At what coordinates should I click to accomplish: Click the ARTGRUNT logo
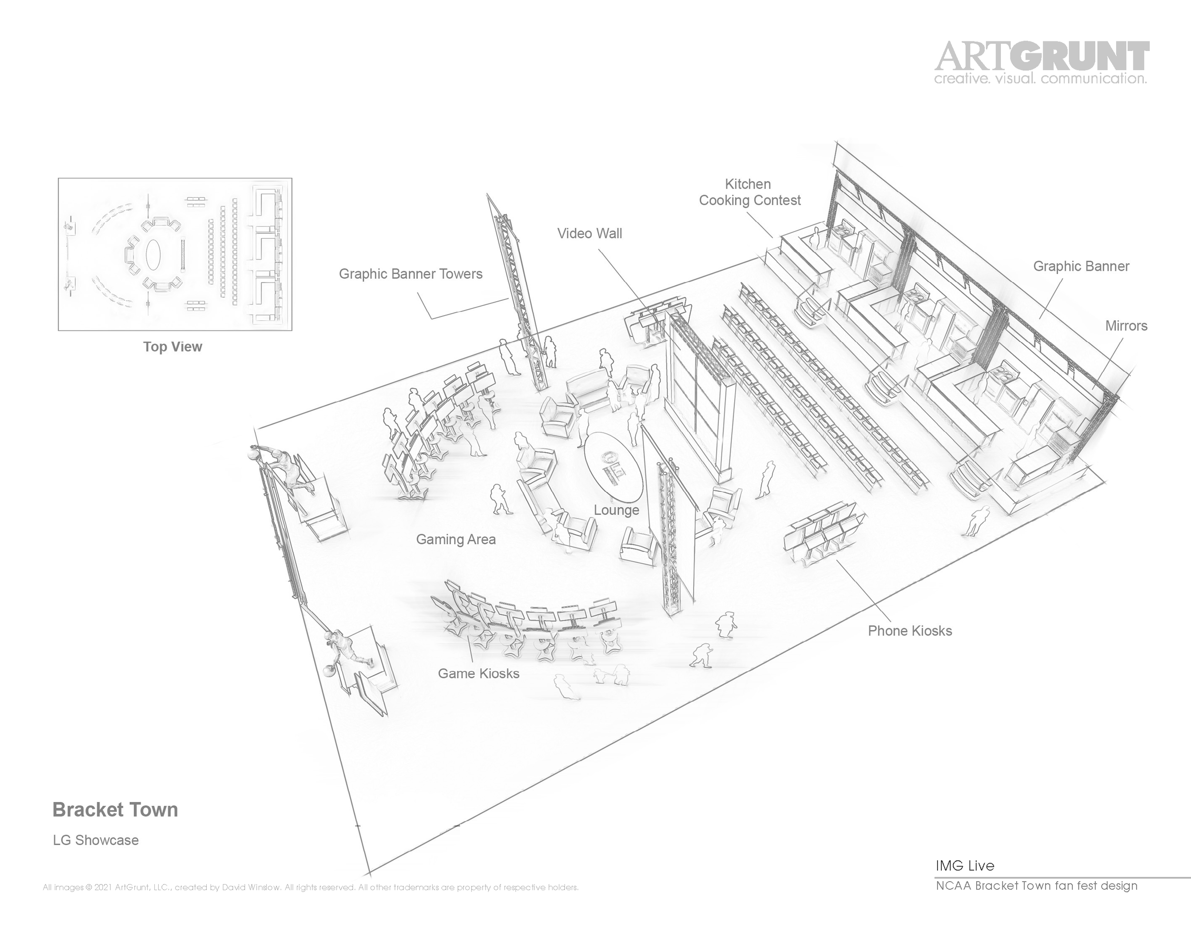(1041, 56)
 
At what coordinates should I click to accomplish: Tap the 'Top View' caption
(172, 347)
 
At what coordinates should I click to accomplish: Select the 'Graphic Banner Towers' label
(410, 274)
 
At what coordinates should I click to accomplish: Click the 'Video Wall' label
(589, 234)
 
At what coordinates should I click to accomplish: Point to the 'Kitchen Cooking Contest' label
(749, 193)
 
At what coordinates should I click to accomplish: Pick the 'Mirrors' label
(1126, 326)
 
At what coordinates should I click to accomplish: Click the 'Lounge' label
(616, 510)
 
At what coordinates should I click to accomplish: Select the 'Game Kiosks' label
(478, 673)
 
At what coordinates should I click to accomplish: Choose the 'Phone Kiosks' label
(909, 631)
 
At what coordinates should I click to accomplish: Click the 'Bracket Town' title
(115, 810)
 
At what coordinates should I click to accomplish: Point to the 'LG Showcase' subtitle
(96, 840)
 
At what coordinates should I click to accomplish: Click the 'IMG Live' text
(965, 866)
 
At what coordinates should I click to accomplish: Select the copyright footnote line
(311, 887)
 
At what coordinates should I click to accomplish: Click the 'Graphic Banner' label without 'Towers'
(1081, 266)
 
